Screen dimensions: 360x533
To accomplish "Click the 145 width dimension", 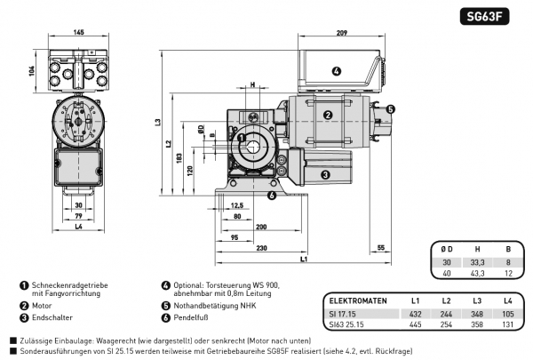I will pyautogui.click(x=79, y=33).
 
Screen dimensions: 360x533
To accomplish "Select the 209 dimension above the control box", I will pyautogui.click(x=341, y=33).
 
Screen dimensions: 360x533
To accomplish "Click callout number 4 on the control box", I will pyautogui.click(x=337, y=71).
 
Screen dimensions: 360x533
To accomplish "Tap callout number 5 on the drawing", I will pyautogui.click(x=391, y=109).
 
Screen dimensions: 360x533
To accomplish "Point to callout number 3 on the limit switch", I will pyautogui.click(x=325, y=175).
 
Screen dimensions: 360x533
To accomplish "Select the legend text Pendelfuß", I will pyautogui.click(x=189, y=317).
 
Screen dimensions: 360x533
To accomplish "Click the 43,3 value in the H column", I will pyautogui.click(x=477, y=273).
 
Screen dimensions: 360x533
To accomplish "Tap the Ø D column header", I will pyautogui.click(x=445, y=251).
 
